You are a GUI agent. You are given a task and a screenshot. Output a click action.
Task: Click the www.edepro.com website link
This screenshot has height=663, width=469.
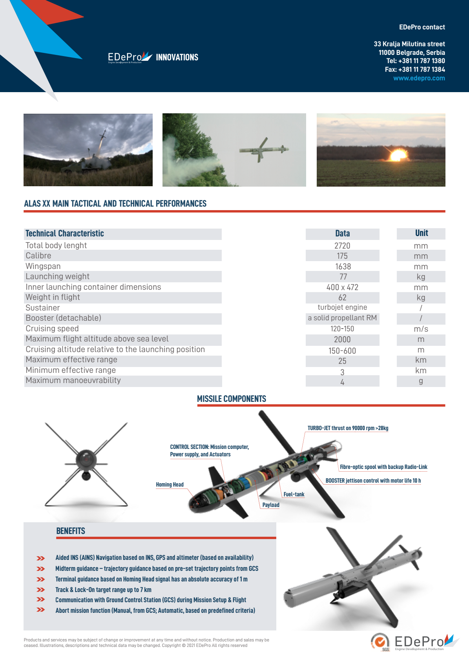[x=419, y=78]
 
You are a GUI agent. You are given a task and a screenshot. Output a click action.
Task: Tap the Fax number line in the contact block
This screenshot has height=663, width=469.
[x=415, y=69]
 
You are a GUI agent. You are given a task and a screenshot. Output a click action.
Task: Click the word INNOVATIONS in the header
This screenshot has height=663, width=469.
[x=177, y=57]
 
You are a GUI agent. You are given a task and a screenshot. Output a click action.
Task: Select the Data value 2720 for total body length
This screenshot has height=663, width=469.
[x=342, y=246]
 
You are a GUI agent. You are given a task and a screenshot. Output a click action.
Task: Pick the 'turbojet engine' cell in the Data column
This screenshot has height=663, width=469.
[x=342, y=307]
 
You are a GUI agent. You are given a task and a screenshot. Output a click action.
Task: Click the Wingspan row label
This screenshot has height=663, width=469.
[x=43, y=266]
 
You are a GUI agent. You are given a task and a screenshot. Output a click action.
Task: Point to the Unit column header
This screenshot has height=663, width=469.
[x=422, y=233]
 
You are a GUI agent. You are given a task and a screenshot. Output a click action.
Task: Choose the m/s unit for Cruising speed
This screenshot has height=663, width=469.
[x=421, y=329]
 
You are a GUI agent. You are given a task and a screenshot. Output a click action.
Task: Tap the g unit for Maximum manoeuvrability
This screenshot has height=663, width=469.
[x=421, y=381]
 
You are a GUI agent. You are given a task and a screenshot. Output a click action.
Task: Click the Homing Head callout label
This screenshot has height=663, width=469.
[x=170, y=485]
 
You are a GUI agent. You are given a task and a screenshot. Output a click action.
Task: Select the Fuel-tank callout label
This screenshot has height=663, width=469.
[x=294, y=494]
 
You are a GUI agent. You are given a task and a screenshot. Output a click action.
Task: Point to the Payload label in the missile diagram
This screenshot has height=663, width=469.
[x=271, y=505]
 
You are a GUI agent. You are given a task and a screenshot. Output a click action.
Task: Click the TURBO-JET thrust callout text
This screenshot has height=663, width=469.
[x=348, y=428]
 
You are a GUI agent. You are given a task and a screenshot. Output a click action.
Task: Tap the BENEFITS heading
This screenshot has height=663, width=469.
[x=71, y=531]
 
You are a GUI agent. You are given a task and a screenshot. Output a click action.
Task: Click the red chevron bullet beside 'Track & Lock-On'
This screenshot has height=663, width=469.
[x=41, y=590]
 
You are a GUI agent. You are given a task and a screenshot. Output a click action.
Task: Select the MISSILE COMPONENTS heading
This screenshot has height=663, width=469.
[x=232, y=399]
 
